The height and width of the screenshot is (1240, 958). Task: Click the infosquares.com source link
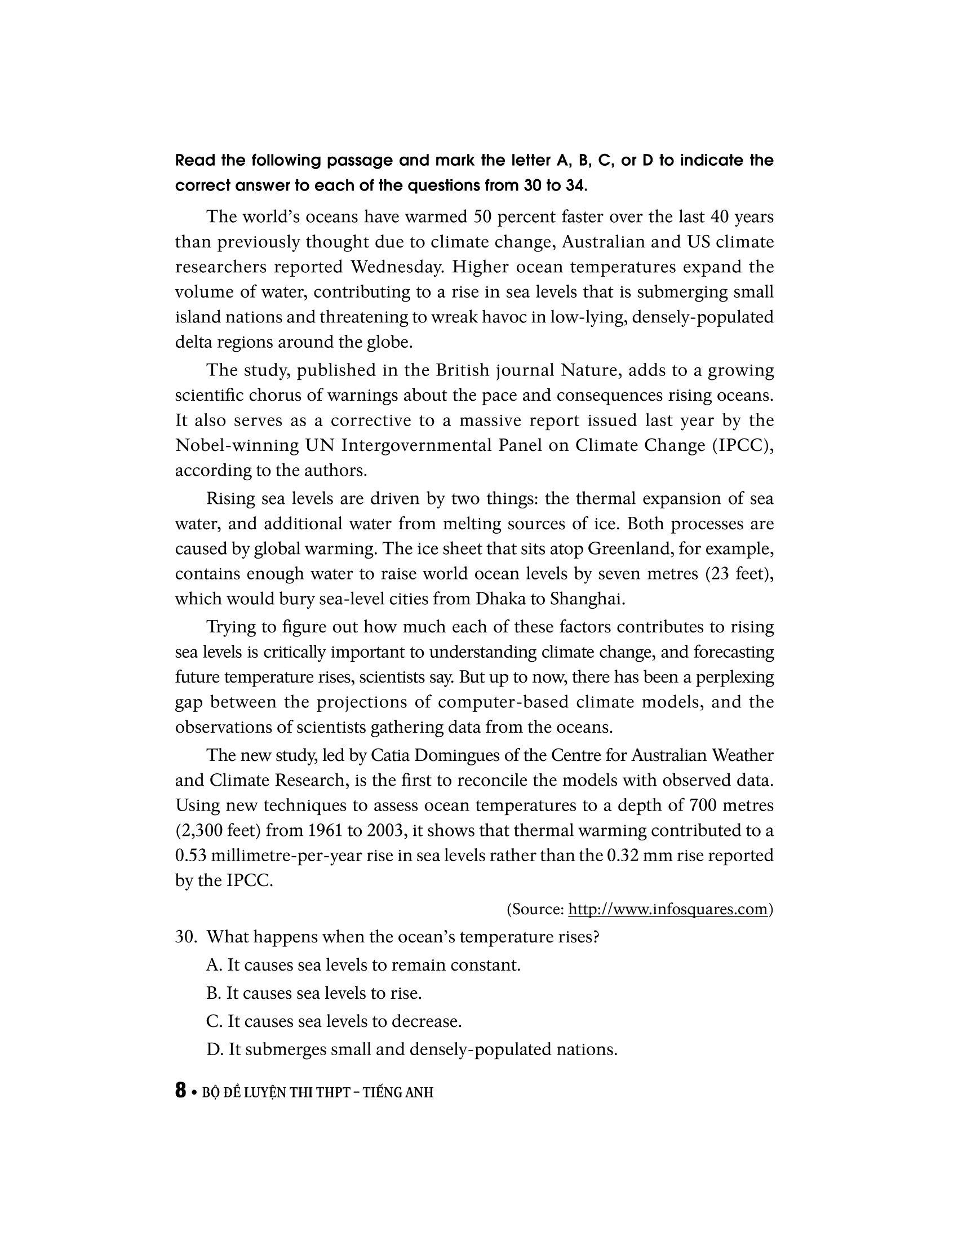pos(668,910)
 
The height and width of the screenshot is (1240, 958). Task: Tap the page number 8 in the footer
pos(180,1091)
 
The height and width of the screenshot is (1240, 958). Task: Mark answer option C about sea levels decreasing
pos(334,1021)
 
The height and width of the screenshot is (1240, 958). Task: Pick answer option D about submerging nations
pos(411,1049)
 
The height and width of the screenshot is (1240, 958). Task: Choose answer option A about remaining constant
pos(363,964)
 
